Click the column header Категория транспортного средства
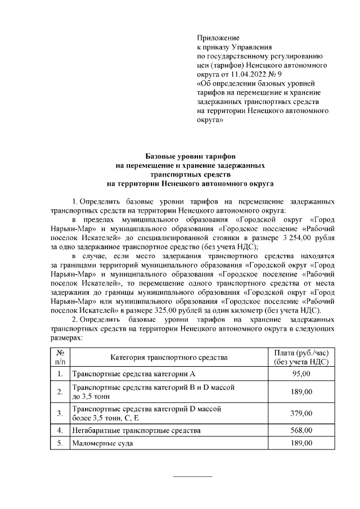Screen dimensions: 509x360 pos(169,357)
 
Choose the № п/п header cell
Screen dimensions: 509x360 pos(60,357)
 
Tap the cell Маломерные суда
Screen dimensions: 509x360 pos(102,444)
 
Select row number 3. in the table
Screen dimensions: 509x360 pos(60,413)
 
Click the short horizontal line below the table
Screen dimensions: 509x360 pos(192,477)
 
